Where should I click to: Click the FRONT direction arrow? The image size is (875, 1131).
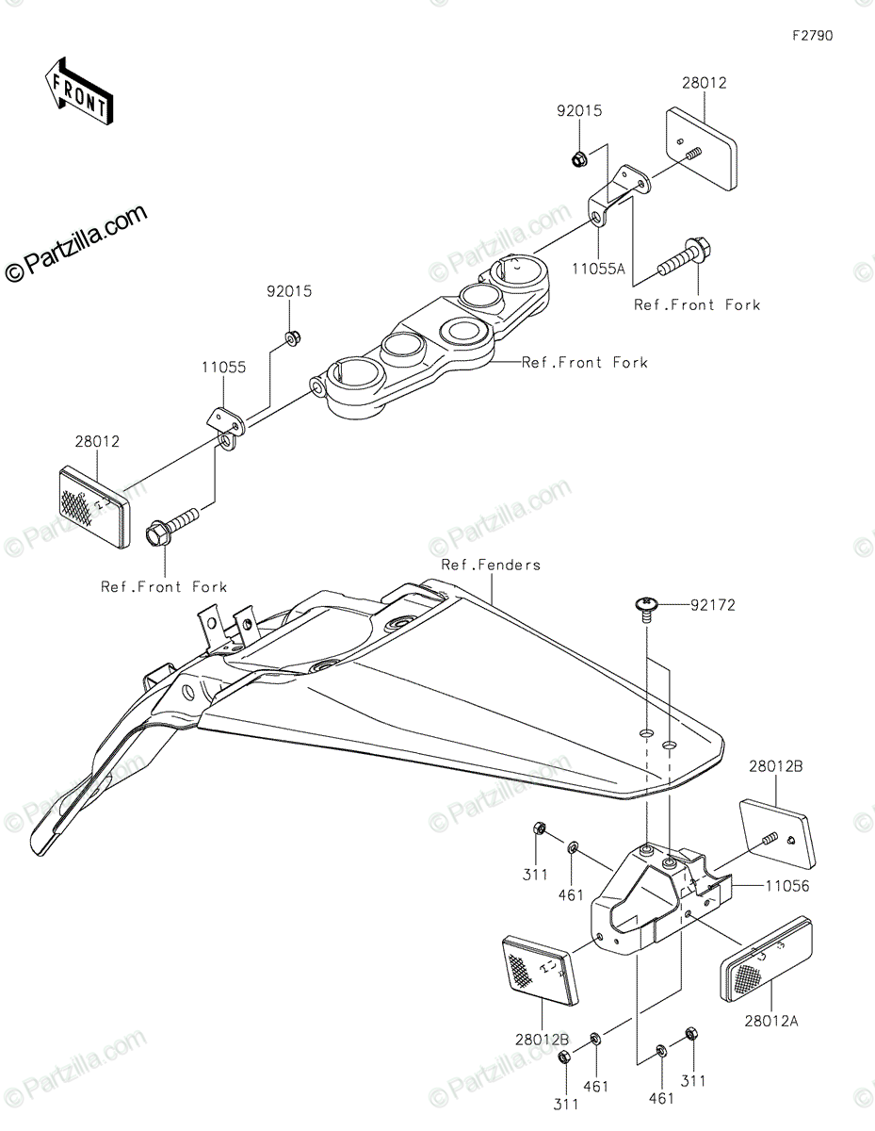pyautogui.click(x=79, y=92)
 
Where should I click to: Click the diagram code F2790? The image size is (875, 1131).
pyautogui.click(x=813, y=36)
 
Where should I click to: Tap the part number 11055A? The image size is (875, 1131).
pyautogui.click(x=598, y=270)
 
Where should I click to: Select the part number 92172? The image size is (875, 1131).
pyautogui.click(x=713, y=605)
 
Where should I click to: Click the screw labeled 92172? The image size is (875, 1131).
pyautogui.click(x=646, y=609)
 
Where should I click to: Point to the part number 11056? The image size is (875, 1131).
pyautogui.click(x=787, y=886)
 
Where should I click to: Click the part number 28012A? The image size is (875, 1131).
pyautogui.click(x=771, y=1021)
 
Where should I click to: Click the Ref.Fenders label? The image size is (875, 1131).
pyautogui.click(x=491, y=565)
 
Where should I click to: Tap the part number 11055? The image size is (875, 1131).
pyautogui.click(x=224, y=368)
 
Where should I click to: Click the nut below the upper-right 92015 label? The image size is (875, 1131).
pyautogui.click(x=578, y=158)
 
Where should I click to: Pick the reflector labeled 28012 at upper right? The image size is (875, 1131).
pyautogui.click(x=702, y=149)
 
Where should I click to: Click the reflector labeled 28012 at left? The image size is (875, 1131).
pyautogui.click(x=94, y=506)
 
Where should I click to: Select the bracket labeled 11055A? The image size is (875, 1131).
pyautogui.click(x=619, y=195)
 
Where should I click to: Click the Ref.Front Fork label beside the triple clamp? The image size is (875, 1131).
pyautogui.click(x=585, y=362)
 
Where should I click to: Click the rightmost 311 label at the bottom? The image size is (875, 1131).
pyautogui.click(x=692, y=1081)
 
